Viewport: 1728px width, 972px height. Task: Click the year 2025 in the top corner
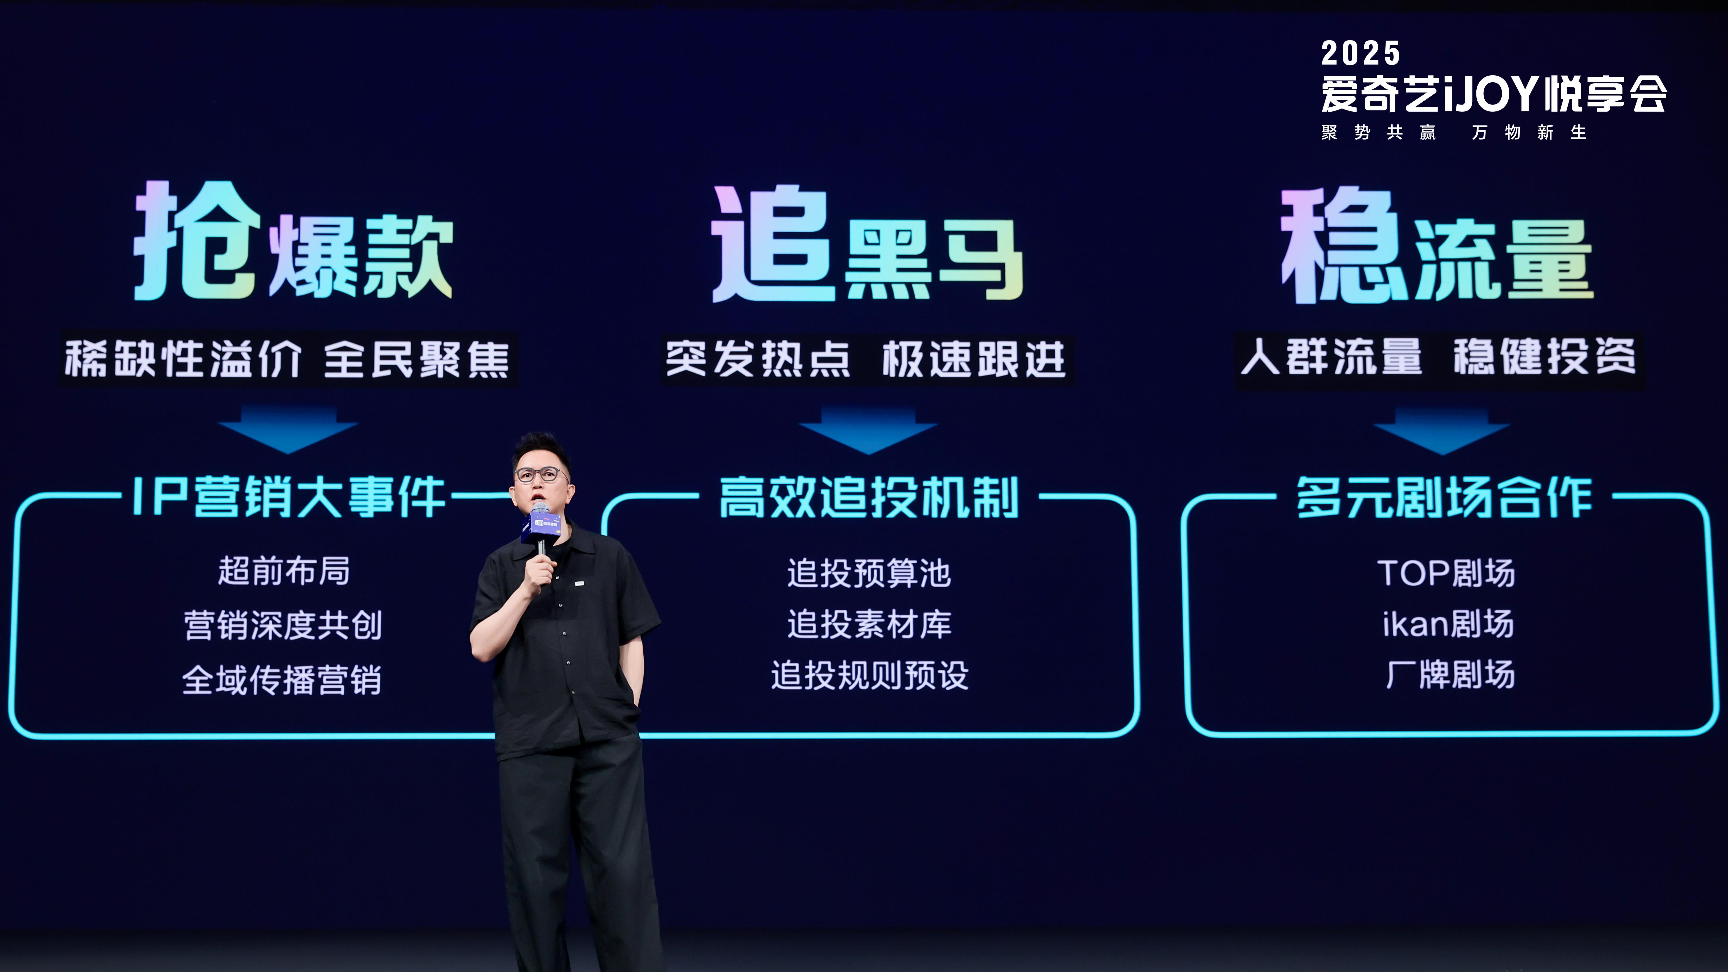[1360, 54]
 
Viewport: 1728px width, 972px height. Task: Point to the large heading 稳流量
[1437, 247]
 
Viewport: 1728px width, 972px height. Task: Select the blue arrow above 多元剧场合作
[1441, 431]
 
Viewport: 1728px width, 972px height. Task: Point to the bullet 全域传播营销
[282, 680]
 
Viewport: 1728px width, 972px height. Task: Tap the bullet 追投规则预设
[869, 675]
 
